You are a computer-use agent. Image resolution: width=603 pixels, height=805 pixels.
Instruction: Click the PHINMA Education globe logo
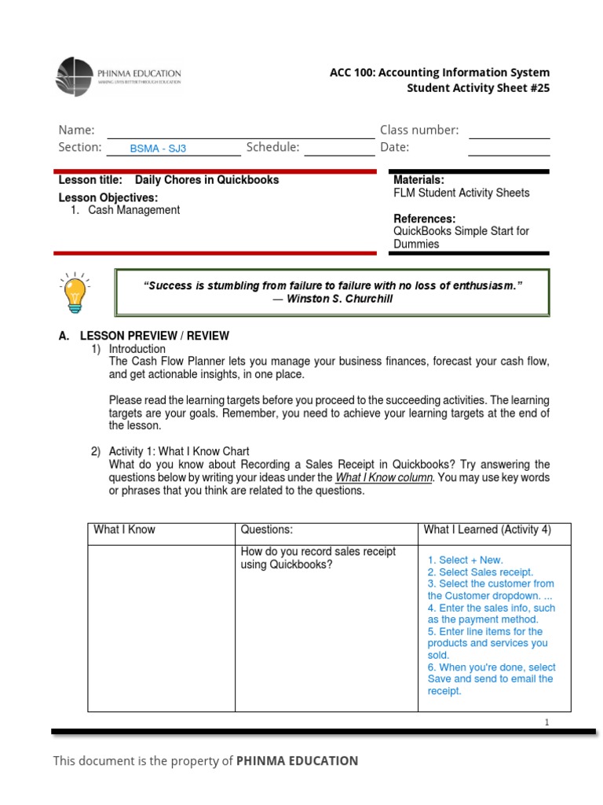pyautogui.click(x=75, y=77)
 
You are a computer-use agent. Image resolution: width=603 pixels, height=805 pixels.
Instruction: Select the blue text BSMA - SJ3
pyautogui.click(x=158, y=148)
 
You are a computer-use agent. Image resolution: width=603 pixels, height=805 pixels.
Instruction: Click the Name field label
pyautogui.click(x=76, y=130)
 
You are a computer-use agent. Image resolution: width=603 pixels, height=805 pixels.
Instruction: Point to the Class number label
pyautogui.click(x=419, y=130)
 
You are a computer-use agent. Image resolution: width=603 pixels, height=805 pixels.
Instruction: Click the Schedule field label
pyautogui.click(x=272, y=147)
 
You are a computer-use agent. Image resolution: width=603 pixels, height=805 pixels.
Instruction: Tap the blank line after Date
pyautogui.click(x=509, y=149)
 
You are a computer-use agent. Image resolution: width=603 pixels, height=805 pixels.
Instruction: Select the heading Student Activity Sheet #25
pyautogui.click(x=477, y=88)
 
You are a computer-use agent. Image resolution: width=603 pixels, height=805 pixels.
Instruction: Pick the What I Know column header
pyautogui.click(x=124, y=530)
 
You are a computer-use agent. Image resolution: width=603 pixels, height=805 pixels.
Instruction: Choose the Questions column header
pyautogui.click(x=266, y=530)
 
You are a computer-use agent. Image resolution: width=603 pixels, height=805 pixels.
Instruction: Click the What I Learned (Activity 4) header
pyautogui.click(x=487, y=530)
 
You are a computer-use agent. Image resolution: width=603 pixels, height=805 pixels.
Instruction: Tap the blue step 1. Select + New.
pyautogui.click(x=465, y=560)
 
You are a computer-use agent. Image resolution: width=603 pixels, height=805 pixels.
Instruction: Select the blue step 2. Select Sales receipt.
pyautogui.click(x=480, y=572)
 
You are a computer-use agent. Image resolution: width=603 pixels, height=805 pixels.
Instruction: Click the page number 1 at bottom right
pyautogui.click(x=546, y=722)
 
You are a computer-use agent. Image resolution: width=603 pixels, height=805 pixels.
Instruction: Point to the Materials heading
pyautogui.click(x=418, y=180)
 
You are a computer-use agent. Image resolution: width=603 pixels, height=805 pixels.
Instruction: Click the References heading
pyautogui.click(x=424, y=219)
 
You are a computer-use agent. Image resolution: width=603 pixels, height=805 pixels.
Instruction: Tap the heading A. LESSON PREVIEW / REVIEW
pyautogui.click(x=144, y=336)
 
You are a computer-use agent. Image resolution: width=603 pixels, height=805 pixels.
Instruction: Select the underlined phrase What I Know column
pyautogui.click(x=384, y=478)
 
